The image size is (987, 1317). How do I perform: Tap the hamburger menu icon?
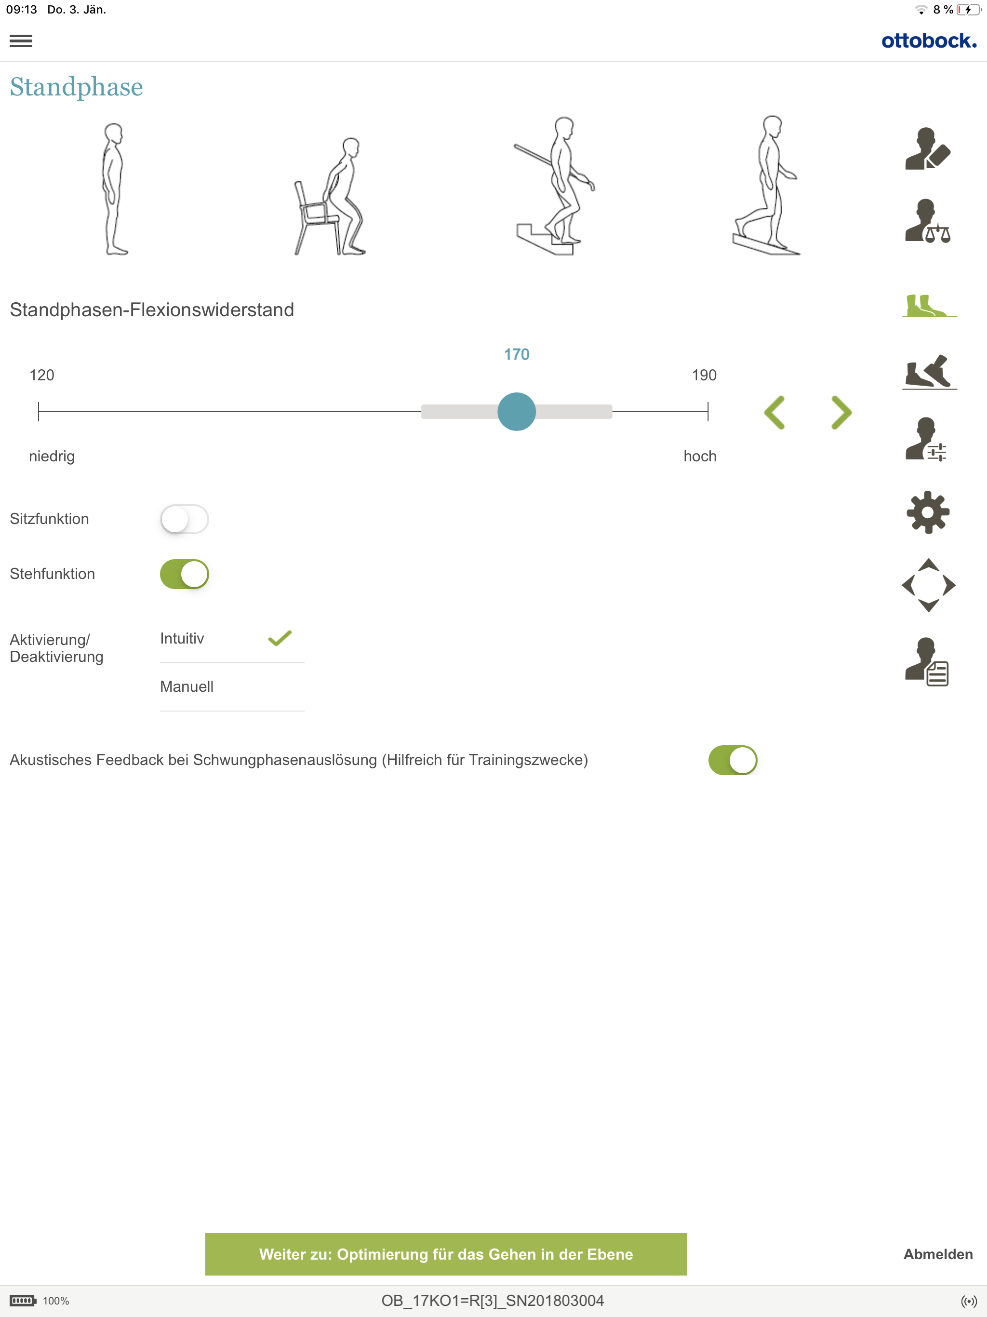point(21,41)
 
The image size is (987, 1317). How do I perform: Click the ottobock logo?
point(929,40)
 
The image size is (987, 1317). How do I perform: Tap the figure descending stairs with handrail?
point(555,186)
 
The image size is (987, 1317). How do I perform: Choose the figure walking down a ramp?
point(767,185)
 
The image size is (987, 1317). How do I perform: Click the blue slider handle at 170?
point(517,411)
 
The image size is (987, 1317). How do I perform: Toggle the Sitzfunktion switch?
point(185,519)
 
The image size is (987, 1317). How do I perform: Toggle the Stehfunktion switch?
point(185,574)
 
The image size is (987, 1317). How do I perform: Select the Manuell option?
point(187,686)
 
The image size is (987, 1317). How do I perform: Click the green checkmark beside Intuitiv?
point(280,638)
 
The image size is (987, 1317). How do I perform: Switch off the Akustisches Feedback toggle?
point(733,760)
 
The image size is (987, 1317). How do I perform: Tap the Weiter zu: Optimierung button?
point(446,1254)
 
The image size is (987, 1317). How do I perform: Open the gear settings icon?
point(928,512)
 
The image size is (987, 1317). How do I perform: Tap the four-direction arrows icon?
point(929,585)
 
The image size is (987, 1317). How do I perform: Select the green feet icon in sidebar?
point(929,306)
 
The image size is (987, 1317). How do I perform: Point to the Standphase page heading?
point(76,87)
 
